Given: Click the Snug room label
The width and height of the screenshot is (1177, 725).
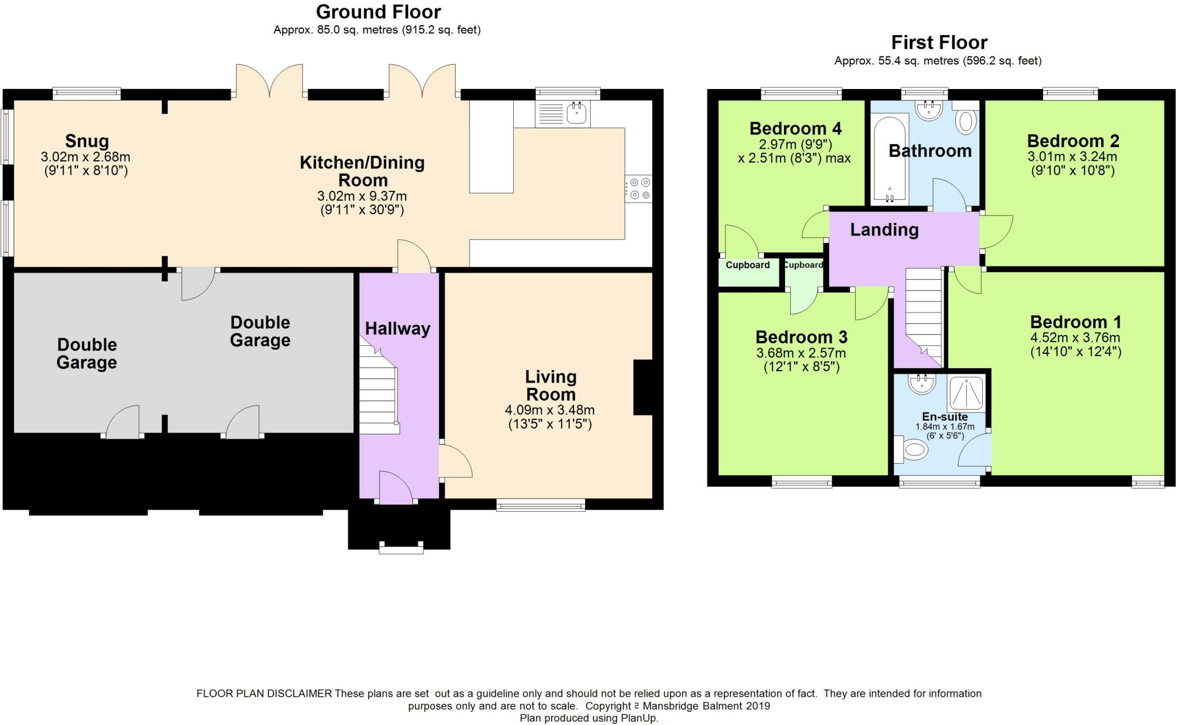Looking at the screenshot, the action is (x=87, y=141).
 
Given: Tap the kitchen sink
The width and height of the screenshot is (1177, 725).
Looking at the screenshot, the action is (x=563, y=114).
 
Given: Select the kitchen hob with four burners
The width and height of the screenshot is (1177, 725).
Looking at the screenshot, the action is (x=639, y=188).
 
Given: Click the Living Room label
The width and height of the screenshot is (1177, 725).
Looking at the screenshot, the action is (x=551, y=385).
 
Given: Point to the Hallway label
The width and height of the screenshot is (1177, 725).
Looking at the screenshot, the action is (x=398, y=329).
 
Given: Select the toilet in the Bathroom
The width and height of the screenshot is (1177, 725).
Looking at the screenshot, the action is (x=966, y=118).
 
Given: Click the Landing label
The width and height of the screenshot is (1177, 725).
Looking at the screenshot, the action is (x=884, y=230).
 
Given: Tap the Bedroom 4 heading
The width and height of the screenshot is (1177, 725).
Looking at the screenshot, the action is (x=795, y=128).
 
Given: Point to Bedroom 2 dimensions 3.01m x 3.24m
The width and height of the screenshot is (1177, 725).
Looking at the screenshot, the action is (x=1072, y=157).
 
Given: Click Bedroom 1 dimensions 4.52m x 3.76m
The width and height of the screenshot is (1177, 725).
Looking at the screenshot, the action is (x=1075, y=338).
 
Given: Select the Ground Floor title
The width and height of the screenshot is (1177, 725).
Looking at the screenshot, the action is (x=378, y=11).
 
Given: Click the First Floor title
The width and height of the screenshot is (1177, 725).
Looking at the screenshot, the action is (x=939, y=42).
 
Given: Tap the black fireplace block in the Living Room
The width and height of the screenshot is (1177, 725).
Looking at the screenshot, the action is (x=643, y=387).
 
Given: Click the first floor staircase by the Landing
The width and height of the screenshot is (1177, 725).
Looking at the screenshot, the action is (x=924, y=316).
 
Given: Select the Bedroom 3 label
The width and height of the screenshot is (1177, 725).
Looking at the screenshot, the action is (x=801, y=337).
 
